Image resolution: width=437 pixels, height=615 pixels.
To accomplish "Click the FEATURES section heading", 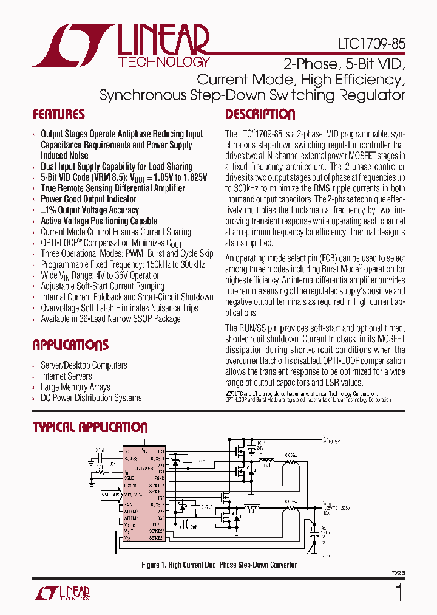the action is pos(59,115).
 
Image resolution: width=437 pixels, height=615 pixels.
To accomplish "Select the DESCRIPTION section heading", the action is pos(260,115).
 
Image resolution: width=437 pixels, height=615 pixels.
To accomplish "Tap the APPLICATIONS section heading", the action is pos(70,345).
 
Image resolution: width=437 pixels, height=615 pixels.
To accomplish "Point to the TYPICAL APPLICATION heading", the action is pos(90,427).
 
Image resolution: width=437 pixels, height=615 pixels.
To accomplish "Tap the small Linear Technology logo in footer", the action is pos(67,593).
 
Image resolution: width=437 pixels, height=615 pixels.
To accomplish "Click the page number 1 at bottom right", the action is pos(398,593).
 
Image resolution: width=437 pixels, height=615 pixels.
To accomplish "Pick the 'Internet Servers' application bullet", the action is pos(66,376).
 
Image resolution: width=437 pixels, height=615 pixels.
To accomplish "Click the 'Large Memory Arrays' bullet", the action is pos(75,387).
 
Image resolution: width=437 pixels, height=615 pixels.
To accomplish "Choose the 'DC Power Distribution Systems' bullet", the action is pos(91,398).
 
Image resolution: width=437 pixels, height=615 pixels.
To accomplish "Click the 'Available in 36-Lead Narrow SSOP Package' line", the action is pos(110,319).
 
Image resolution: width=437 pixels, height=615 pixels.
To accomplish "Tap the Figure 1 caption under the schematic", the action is pos(219,565).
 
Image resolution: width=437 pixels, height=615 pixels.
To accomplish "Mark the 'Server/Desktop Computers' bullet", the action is pos(84,365).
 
